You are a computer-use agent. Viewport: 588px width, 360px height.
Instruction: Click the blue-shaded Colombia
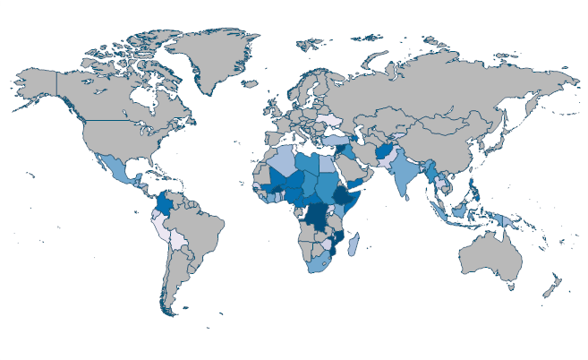[166, 205]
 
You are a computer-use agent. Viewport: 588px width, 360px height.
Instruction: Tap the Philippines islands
[472, 188]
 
